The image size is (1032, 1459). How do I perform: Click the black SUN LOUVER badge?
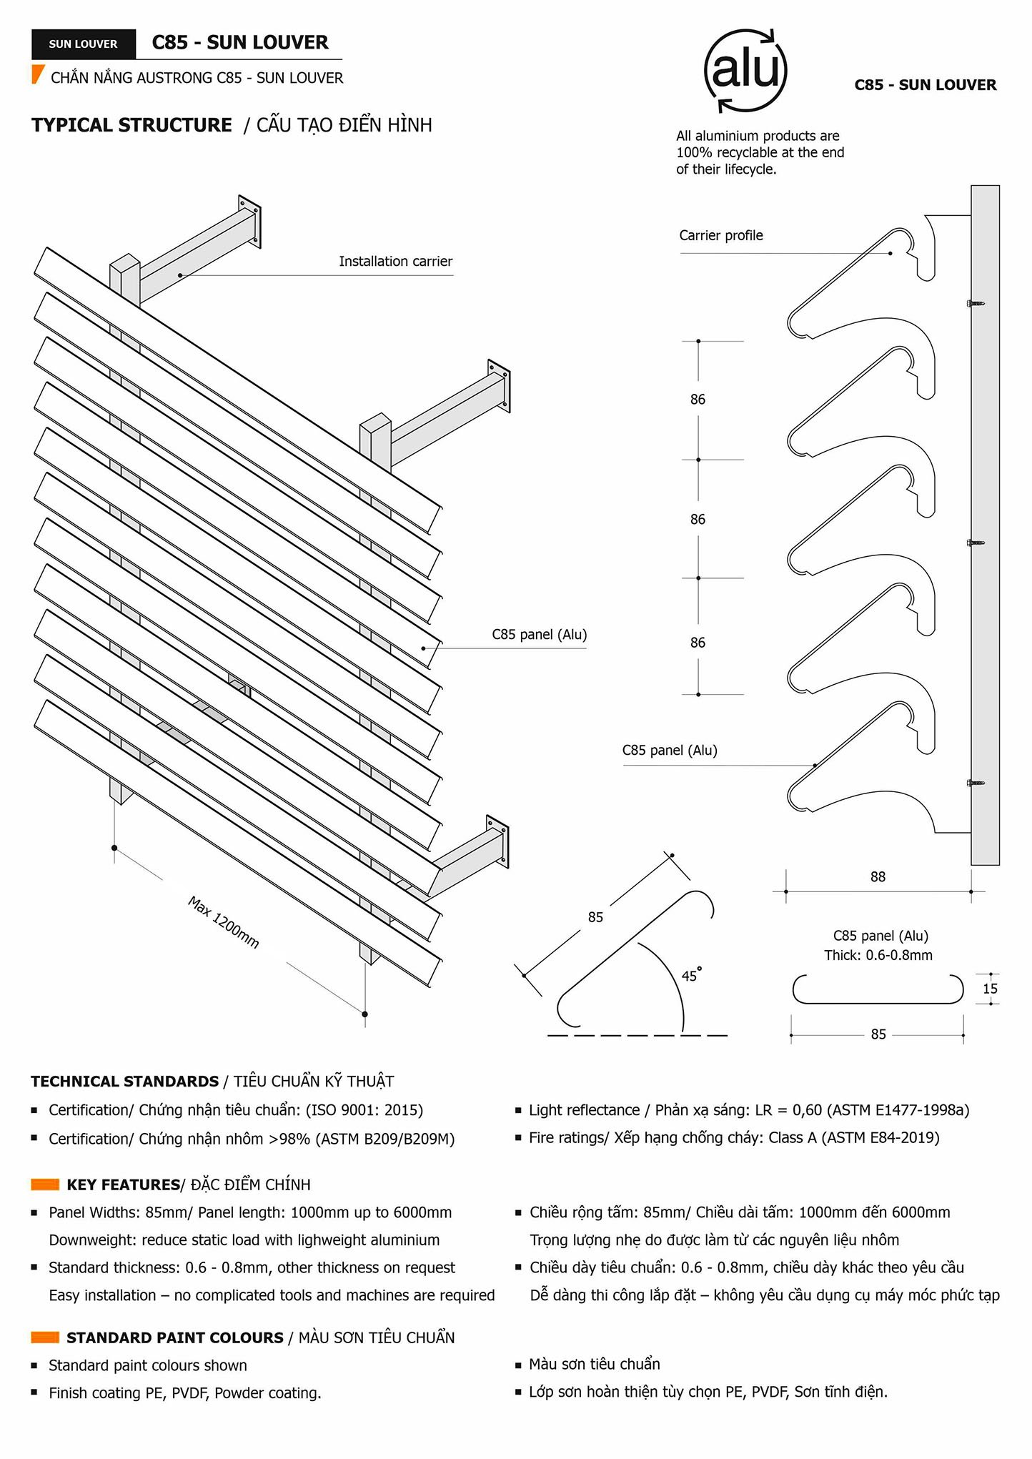pos(83,44)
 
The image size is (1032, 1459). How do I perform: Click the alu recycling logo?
pos(745,71)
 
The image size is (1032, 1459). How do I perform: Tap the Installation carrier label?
pos(395,262)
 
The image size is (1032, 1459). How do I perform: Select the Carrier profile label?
pos(720,236)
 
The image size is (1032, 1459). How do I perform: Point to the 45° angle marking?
pos(690,975)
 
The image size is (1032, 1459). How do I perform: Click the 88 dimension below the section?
pos(878,877)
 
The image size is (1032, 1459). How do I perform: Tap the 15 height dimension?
pos(990,989)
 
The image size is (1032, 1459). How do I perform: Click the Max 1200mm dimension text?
pos(223,923)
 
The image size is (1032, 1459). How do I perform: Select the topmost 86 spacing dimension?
pos(698,400)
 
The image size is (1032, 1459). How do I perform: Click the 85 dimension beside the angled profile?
pos(595,917)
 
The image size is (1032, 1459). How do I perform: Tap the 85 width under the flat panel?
pos(878,1034)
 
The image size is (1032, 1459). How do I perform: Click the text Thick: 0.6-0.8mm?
pos(878,956)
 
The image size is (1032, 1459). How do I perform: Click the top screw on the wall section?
pos(975,304)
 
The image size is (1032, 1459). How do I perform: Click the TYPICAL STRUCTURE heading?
pos(132,125)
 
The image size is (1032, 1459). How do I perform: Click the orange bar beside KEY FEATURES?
pos(45,1185)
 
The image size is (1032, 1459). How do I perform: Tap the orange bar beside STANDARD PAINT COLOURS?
pos(45,1337)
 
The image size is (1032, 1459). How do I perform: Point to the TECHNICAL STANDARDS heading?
pos(124,1082)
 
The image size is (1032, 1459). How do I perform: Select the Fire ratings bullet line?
pos(733,1138)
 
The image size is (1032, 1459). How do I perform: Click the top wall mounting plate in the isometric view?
pos(249,221)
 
